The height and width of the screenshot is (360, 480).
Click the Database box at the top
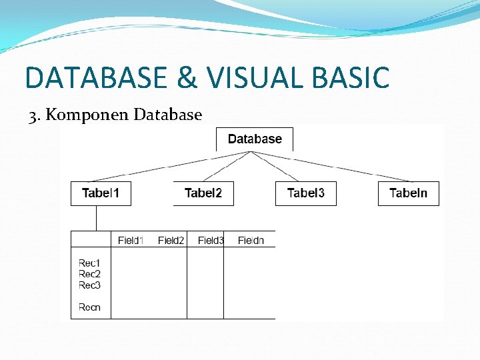pos(254,139)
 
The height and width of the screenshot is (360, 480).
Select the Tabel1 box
pos(101,193)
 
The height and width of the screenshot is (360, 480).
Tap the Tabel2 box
pos(203,193)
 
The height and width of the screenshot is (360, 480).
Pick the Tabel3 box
pos(306,193)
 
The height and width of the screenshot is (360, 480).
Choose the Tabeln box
pos(409,193)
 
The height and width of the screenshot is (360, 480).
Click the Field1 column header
pos(131,240)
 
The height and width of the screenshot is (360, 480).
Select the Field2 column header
pos(171,240)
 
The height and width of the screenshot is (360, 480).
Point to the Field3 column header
pos(211,240)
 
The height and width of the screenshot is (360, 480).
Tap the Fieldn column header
pos(251,240)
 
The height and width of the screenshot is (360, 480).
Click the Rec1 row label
pos(89,264)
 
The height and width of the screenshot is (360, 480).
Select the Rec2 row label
pos(89,274)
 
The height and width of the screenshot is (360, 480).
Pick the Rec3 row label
pos(89,285)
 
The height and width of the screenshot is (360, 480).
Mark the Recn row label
pos(89,307)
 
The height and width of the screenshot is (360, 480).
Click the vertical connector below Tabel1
pos(96,218)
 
